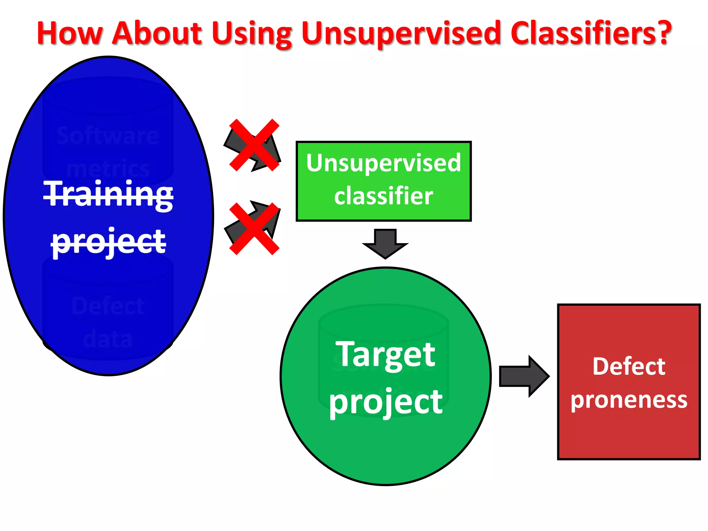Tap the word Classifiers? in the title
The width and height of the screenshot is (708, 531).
pos(590,33)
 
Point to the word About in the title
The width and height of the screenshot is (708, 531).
pos(157,33)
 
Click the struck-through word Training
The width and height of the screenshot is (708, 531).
pos(108,195)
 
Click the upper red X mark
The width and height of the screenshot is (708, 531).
pos(254,145)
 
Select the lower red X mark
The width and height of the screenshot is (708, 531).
pos(254,229)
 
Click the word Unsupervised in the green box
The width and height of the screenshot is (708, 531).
pos(383,163)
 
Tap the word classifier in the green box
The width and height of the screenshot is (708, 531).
pos(383,196)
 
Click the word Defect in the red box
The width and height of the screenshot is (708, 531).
pos(628,366)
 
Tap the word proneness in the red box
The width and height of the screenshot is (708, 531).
pos(628,400)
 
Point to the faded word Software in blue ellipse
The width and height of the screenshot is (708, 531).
pos(108,136)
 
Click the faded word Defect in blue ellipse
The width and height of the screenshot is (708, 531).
pos(108,306)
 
